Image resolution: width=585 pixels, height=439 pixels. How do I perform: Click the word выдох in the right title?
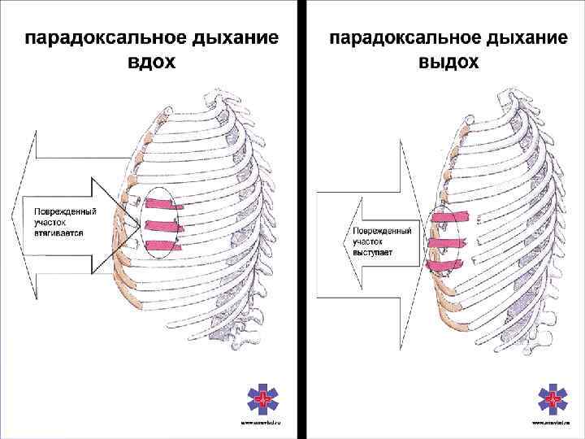(x=448, y=63)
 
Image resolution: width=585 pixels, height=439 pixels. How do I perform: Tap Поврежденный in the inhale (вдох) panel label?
(x=65, y=211)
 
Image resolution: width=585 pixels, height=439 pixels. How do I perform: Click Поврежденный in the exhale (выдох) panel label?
(x=382, y=232)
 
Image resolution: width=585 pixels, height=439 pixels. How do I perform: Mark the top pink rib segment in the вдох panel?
(x=162, y=204)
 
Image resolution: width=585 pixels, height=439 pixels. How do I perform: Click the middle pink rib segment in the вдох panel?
(x=163, y=225)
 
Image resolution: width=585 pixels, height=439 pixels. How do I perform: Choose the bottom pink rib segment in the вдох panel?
(x=164, y=245)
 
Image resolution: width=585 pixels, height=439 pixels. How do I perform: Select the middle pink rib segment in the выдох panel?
(x=443, y=241)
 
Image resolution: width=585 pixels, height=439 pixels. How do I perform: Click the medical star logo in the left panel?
(x=262, y=399)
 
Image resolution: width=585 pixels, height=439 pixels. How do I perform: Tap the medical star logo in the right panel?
(x=554, y=399)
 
